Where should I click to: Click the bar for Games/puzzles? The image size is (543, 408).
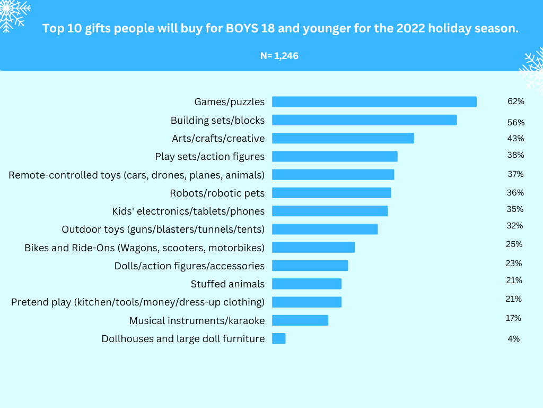(374, 102)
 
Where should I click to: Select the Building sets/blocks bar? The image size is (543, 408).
(364, 120)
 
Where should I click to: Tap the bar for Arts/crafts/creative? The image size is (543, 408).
(343, 138)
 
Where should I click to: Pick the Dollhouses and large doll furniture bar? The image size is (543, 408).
(278, 338)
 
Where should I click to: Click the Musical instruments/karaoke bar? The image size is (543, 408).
(300, 320)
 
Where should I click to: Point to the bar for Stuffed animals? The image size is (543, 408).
(306, 284)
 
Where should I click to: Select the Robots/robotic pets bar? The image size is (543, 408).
(331, 193)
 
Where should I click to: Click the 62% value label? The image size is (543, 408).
(515, 101)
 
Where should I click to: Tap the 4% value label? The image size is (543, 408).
(513, 338)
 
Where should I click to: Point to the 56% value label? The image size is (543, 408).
(515, 123)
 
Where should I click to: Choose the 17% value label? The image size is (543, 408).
(513, 318)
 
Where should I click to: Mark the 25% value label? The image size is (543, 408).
(514, 244)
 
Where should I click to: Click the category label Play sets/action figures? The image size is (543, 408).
(209, 157)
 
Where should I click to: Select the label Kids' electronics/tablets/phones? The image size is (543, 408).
(188, 211)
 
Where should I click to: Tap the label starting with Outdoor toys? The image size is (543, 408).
(163, 229)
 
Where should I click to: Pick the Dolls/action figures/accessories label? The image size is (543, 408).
(189, 266)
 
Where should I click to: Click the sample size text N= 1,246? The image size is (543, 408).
(279, 55)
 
